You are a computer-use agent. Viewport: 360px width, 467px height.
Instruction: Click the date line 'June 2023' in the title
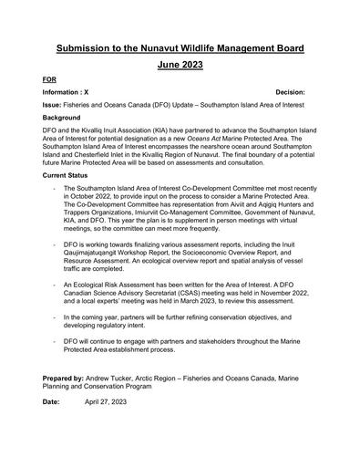click(x=180, y=66)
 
